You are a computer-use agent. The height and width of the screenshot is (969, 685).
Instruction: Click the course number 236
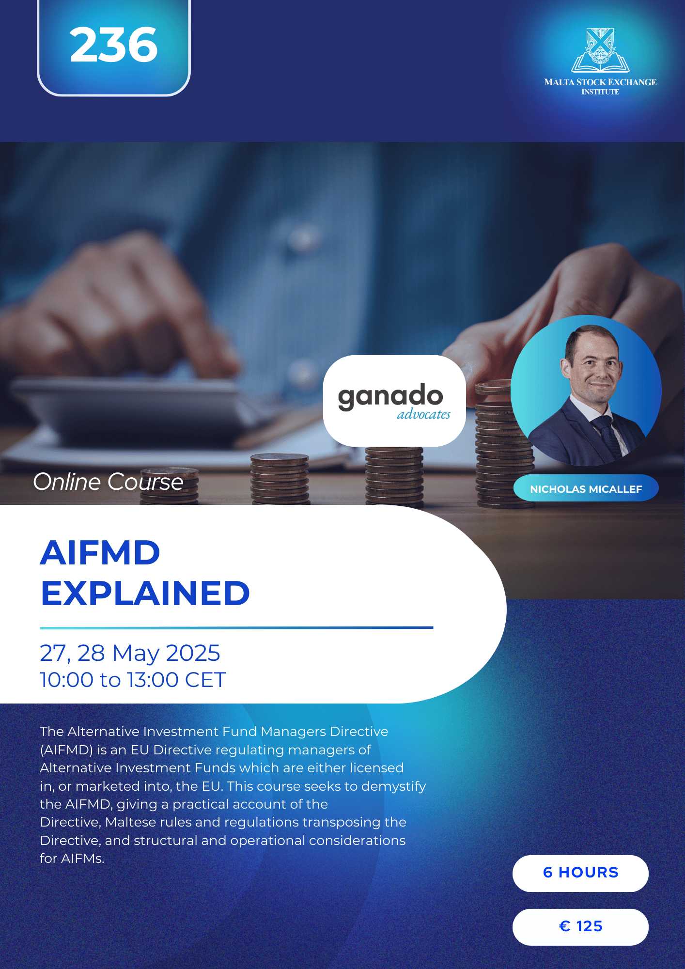(114, 45)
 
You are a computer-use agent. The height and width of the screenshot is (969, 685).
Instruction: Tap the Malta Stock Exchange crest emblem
(600, 50)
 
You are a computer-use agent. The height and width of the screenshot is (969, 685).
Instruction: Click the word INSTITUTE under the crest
(600, 92)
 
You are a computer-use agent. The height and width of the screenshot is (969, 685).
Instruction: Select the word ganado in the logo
(390, 396)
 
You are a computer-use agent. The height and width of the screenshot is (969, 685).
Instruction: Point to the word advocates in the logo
(424, 414)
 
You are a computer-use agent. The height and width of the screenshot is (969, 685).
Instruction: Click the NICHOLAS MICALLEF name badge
(586, 488)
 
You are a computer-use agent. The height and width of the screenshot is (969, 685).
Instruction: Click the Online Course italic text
(108, 482)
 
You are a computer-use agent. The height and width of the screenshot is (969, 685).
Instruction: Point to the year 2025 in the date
(193, 653)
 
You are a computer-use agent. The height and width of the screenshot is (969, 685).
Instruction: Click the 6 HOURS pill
(580, 873)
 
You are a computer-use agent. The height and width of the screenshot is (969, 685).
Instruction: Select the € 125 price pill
(580, 926)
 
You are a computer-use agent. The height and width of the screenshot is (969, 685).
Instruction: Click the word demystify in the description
(393, 786)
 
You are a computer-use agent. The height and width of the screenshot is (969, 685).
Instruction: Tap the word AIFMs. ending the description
(82, 859)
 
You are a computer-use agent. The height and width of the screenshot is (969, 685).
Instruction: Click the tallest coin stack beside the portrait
(504, 443)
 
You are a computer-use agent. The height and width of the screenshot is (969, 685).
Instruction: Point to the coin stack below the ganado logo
(394, 475)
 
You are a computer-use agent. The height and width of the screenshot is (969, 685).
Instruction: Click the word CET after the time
(205, 680)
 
